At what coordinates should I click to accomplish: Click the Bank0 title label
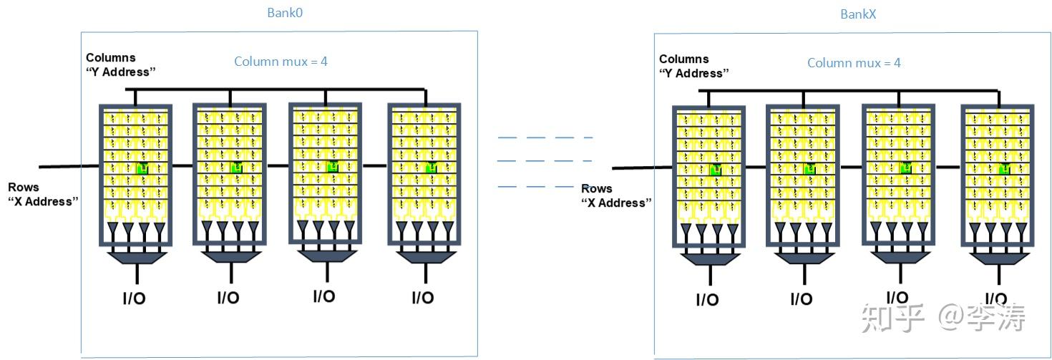(x=285, y=13)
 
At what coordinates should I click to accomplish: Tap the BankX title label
(x=858, y=14)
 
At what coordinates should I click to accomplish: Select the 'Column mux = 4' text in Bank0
(x=281, y=62)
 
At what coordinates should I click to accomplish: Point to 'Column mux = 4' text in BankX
(x=854, y=63)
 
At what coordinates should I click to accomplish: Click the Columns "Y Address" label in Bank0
(x=120, y=65)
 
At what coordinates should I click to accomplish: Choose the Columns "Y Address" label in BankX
(x=693, y=67)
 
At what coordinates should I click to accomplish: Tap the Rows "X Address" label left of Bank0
(x=43, y=194)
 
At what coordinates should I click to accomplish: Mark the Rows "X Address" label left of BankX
(x=616, y=195)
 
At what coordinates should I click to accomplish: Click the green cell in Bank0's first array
(x=142, y=168)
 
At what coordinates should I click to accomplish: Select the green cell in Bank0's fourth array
(x=431, y=167)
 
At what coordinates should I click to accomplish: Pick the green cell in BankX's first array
(x=715, y=170)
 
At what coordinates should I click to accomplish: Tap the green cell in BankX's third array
(x=906, y=168)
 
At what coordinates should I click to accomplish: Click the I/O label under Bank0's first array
(x=134, y=298)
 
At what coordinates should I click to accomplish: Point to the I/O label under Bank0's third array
(x=324, y=296)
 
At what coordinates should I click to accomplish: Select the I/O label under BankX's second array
(x=802, y=299)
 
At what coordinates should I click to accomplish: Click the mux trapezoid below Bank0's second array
(x=231, y=257)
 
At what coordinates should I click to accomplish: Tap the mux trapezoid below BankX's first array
(x=710, y=259)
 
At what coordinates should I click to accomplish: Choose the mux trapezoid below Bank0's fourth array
(x=426, y=258)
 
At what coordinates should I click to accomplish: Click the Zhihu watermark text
(x=943, y=318)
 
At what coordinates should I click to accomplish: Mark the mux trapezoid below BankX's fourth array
(x=999, y=259)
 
